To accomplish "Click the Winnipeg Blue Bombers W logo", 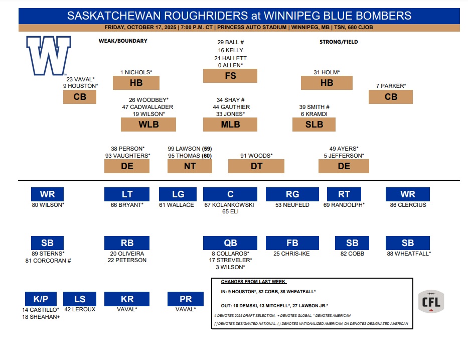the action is tap(49, 56).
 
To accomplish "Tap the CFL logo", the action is tap(431, 301).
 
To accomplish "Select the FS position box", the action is tap(230, 76).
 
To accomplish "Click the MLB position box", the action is tap(230, 125).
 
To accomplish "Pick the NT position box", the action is tap(190, 166).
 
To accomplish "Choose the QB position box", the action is tap(230, 243).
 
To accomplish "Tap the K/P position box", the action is tap(41, 299).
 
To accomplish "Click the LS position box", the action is tap(80, 299).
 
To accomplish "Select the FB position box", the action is tap(292, 243).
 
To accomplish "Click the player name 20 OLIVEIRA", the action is tap(127, 254).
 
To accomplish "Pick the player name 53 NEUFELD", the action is tap(292, 205).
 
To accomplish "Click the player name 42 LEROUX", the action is tap(80, 309).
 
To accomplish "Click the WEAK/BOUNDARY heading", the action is tap(123, 41).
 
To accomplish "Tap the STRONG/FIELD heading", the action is tap(339, 42).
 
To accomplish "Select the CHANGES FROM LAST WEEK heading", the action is tap(253, 282).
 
